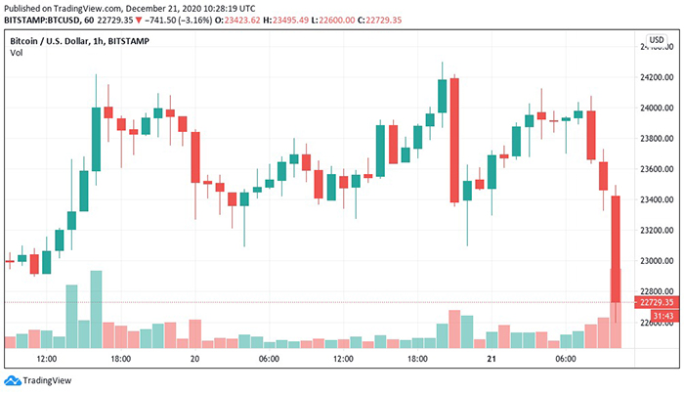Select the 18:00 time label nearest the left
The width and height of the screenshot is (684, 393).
120,359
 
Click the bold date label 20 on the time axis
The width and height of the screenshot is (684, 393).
194,359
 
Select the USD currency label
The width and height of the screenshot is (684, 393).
656,39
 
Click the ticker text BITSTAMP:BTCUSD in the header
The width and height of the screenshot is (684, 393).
38,20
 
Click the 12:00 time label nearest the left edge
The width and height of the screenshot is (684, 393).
46,359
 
